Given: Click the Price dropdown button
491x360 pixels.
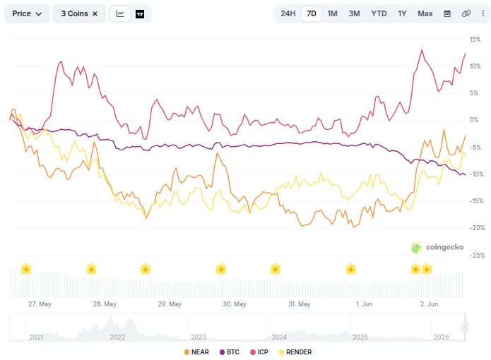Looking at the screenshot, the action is click(x=27, y=13).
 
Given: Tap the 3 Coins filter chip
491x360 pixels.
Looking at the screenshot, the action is click(x=79, y=13).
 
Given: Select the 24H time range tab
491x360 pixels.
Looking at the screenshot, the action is click(x=288, y=13).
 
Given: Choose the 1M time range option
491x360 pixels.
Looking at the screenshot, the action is click(x=332, y=13).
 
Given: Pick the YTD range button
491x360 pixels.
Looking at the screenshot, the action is click(x=379, y=13).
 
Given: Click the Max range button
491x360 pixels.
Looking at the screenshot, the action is click(x=425, y=13).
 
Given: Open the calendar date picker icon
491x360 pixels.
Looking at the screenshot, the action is click(x=447, y=13).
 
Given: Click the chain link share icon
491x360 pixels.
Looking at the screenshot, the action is click(x=466, y=13).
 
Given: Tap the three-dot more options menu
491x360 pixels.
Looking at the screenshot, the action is click(x=483, y=13).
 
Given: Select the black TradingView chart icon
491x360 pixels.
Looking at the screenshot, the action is click(x=140, y=14).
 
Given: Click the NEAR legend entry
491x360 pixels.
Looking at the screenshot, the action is click(x=196, y=352).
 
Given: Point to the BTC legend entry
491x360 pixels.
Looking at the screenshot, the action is click(x=230, y=352).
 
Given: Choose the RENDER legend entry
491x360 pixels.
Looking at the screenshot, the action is click(x=295, y=352).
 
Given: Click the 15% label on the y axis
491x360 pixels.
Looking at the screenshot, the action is click(x=475, y=40).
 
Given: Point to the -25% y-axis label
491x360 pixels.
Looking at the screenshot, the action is click(x=477, y=256).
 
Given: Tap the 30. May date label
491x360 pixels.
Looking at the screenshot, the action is click(x=235, y=304).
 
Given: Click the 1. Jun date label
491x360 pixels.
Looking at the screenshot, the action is click(x=364, y=304).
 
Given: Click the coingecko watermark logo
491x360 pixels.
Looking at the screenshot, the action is click(x=437, y=247).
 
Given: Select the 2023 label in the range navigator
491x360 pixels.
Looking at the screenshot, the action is click(x=199, y=337).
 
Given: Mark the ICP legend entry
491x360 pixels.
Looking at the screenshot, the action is click(x=259, y=352).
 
